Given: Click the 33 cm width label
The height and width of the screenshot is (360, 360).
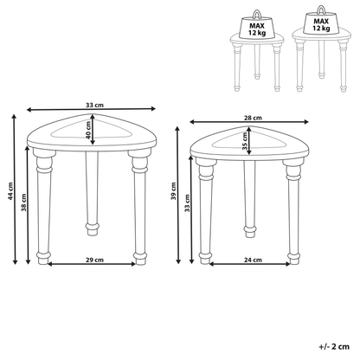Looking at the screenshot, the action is (x=94, y=105).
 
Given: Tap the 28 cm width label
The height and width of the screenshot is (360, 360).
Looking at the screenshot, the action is (x=253, y=118).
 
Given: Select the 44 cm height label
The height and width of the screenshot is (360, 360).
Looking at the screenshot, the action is (x=10, y=191).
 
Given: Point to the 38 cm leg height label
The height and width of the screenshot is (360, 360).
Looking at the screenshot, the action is (x=23, y=202).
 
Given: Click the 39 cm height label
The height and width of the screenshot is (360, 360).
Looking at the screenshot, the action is (x=173, y=191).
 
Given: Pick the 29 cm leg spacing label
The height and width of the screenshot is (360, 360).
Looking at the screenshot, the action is (x=94, y=260).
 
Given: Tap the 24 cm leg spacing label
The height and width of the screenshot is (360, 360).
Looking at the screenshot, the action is (x=253, y=260).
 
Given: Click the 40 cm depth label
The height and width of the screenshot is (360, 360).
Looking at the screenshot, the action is (x=88, y=130).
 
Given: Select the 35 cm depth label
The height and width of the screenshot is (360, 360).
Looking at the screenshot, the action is (x=245, y=141).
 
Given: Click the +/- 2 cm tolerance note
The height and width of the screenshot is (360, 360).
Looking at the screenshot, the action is (x=334, y=346).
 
